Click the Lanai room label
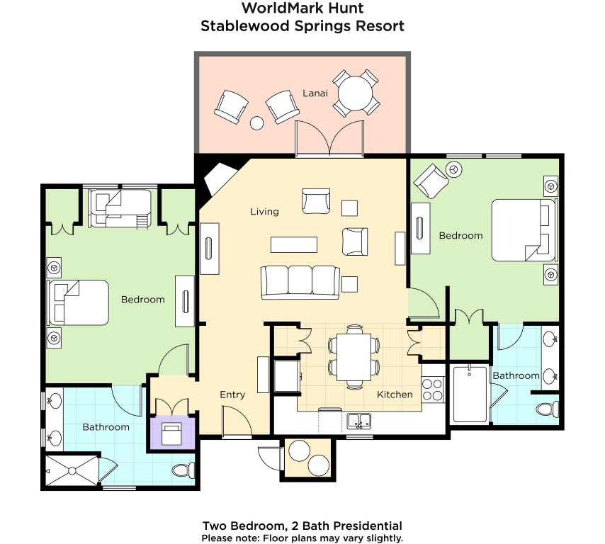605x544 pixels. click(315, 93)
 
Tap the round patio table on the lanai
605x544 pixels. click(356, 93)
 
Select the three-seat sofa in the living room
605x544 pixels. click(300, 283)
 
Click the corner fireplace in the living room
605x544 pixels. click(218, 178)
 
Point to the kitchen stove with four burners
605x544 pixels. click(432, 390)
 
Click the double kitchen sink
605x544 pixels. click(359, 421)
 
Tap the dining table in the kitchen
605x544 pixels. click(354, 357)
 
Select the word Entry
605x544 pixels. click(232, 395)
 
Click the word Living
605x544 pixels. click(264, 211)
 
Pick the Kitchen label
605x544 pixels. click(395, 395)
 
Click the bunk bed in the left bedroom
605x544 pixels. click(120, 208)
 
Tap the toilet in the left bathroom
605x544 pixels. click(183, 470)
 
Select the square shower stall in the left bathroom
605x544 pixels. click(72, 471)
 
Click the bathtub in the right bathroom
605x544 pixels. click(470, 395)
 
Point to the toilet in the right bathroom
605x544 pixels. click(548, 409)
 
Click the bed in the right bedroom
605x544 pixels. click(524, 230)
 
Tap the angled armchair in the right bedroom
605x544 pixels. click(431, 181)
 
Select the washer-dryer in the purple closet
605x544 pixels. click(171, 434)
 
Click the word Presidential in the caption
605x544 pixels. click(368, 526)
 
